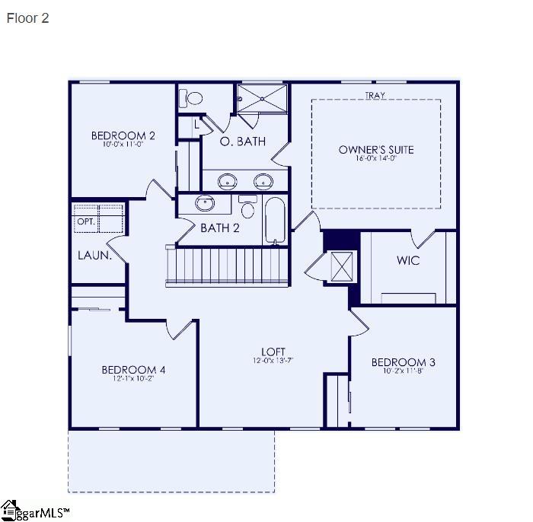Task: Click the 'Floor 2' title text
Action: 27,18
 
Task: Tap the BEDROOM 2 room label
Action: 123,135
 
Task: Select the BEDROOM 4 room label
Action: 133,370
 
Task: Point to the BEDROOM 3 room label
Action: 403,361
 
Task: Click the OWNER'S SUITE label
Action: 376,149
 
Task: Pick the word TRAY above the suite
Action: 375,95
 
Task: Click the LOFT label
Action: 275,351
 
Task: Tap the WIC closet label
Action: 407,260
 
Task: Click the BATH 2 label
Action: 220,228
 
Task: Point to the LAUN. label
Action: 94,256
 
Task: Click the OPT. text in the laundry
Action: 85,221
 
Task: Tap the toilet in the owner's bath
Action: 191,97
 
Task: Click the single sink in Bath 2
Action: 204,203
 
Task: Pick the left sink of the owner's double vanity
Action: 227,181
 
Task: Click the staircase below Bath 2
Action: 228,266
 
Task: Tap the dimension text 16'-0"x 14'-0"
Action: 376,159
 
